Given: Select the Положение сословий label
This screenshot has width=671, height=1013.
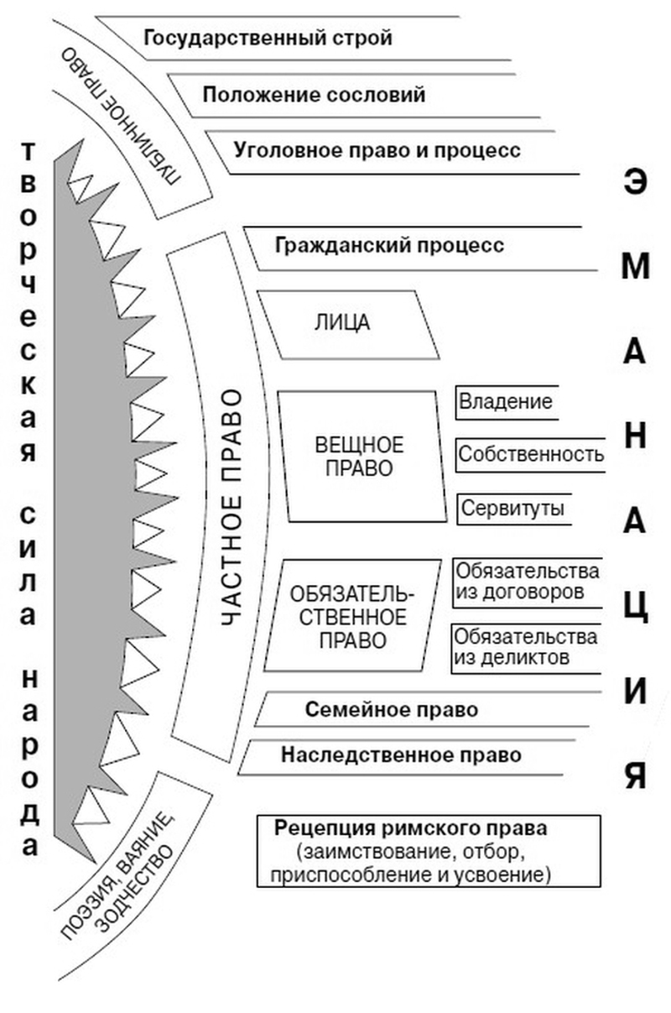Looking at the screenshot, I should click(x=314, y=94).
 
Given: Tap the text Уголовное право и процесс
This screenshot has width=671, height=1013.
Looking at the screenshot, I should click(x=377, y=150).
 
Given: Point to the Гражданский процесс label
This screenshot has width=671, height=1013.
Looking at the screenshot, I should click(x=389, y=246).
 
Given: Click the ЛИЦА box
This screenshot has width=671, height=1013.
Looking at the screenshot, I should click(x=342, y=323).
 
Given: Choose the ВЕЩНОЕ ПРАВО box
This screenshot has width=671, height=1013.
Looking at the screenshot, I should click(x=359, y=456).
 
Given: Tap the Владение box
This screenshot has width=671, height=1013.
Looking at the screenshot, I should click(x=506, y=402).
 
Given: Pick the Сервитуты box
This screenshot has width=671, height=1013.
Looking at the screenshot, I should click(x=512, y=509).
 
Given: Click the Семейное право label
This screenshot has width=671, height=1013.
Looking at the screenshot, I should click(x=392, y=710).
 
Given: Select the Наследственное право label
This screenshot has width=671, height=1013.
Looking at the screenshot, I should click(x=401, y=755).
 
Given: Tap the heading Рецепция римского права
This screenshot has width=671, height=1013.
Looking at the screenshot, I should click(x=410, y=828).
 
